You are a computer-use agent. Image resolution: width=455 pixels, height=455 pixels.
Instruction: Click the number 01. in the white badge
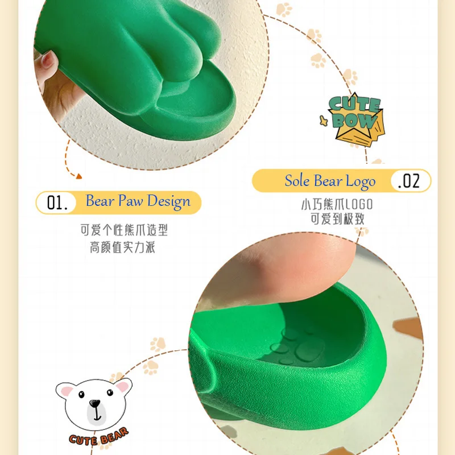click(57, 202)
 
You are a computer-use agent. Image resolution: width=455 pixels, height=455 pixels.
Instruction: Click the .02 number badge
click(409, 181)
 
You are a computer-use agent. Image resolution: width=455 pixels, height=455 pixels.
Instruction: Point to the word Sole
click(297, 180)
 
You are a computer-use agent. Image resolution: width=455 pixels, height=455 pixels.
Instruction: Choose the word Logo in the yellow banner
click(361, 182)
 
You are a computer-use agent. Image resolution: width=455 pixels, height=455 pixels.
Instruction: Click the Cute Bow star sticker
click(353, 119)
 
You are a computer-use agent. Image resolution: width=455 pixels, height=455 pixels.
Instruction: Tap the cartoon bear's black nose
click(94, 403)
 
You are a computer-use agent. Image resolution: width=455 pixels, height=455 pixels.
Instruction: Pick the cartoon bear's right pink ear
click(123, 386)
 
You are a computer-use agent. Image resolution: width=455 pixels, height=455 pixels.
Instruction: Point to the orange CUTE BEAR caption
click(98, 437)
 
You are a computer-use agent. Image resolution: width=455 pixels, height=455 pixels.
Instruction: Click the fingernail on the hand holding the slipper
click(47, 60)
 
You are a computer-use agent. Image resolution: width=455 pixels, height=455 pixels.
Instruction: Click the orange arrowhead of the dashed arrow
click(78, 176)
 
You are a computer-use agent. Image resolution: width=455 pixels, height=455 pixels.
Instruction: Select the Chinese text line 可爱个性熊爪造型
click(124, 230)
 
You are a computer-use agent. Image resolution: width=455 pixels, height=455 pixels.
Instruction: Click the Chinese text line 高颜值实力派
click(122, 247)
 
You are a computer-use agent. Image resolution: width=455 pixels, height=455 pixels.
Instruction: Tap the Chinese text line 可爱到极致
click(337, 219)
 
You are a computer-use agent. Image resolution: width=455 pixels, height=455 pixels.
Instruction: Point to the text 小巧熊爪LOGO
click(337, 204)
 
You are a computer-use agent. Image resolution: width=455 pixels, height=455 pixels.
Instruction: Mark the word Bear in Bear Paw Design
click(100, 201)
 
